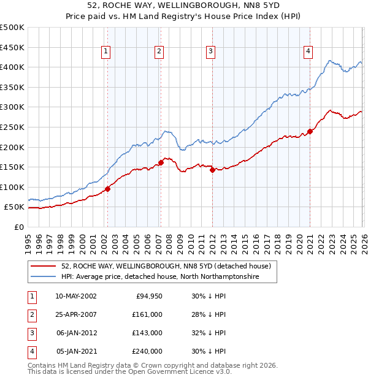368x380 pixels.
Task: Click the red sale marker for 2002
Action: coord(107,189)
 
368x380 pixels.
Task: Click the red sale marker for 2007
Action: coord(161,162)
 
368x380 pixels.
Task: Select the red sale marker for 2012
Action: coord(212,170)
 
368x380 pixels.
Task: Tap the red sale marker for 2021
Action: coord(310,131)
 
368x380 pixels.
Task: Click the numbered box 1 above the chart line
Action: coord(107,51)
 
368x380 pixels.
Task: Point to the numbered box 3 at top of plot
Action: coord(210,51)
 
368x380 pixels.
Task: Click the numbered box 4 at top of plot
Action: coord(307,51)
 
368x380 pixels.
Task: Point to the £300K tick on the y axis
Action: coord(12,107)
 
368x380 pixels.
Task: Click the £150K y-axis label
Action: coord(12,167)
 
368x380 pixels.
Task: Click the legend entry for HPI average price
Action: coord(159,277)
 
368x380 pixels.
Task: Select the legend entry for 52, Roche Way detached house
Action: coord(169,266)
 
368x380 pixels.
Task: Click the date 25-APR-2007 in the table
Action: coord(75,314)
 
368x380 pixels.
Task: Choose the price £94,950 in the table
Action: coord(148,295)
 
